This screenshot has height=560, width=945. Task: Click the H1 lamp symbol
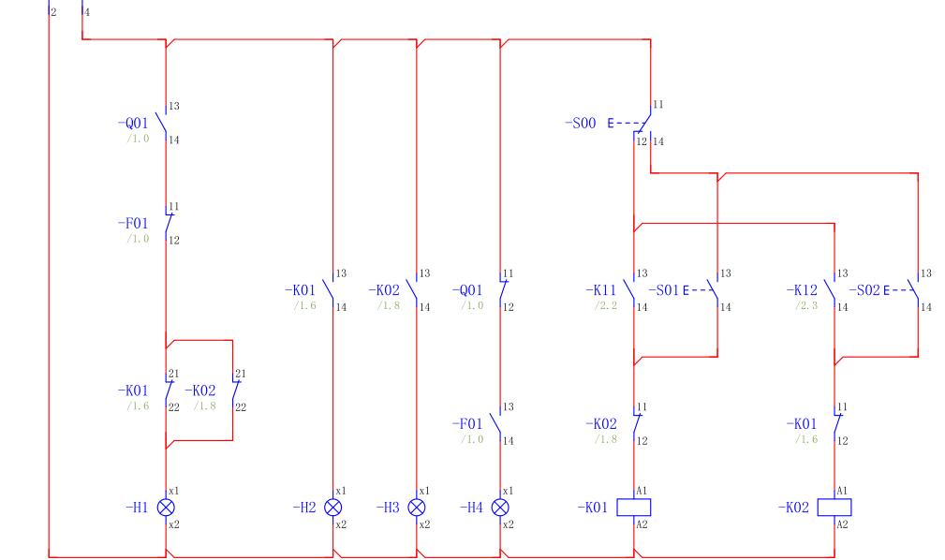point(166,507)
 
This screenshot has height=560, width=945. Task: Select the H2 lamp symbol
point(332,507)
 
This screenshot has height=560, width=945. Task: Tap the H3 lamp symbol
point(416,507)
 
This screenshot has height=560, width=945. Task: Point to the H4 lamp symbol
point(500,507)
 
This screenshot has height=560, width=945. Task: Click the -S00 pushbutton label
point(581,123)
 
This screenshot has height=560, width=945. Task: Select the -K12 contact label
point(802,290)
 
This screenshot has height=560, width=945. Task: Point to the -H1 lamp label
point(137,507)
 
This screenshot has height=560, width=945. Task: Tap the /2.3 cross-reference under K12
point(808,306)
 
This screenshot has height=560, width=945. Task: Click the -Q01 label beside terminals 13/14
point(133,123)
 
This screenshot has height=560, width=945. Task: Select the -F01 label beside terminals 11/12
point(133,224)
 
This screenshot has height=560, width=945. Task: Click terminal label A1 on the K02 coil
point(841,491)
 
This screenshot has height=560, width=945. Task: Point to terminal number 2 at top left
point(53,12)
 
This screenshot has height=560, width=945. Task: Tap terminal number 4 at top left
point(87,12)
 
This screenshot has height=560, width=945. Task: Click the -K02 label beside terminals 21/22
point(199,390)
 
